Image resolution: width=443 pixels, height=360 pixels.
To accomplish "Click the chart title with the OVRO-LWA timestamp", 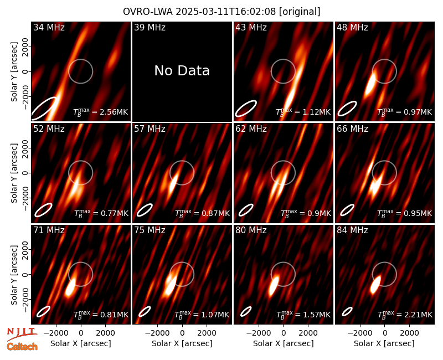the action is pos(221,12).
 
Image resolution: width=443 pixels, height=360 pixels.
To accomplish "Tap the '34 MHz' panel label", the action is pos(49,27).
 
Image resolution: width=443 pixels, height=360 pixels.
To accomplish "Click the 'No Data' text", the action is pos(182,71).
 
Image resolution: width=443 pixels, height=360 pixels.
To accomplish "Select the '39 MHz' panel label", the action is pos(150,27).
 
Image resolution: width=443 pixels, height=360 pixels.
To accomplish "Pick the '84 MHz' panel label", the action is pos(352,230).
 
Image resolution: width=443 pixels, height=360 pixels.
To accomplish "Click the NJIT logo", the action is pos(22,333).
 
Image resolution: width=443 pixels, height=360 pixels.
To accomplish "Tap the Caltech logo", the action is pos(22,347).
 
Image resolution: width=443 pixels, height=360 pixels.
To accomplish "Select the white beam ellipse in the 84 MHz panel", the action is pos(347,311).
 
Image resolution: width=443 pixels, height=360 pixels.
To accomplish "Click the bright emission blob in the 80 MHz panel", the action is pos(273,286).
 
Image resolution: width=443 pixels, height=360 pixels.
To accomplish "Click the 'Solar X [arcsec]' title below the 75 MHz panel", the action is pos(182,343).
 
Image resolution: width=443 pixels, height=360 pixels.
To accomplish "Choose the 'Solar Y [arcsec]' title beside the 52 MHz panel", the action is pos(14,173).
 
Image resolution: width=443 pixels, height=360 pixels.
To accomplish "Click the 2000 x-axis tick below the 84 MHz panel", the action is pos(409,333).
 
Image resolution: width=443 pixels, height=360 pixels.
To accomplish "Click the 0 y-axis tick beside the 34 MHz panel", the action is pos(25,71).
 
